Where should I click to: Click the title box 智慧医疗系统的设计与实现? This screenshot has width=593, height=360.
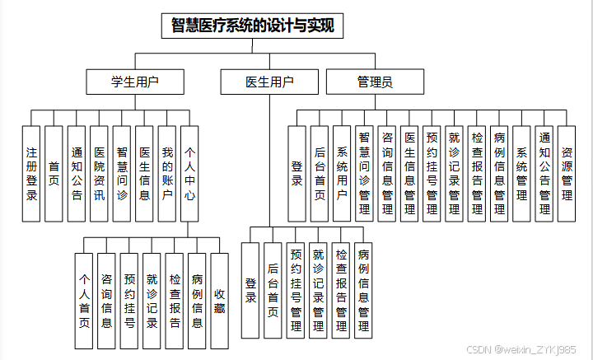pos(252,26)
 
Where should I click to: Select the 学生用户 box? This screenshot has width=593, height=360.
pos(135,82)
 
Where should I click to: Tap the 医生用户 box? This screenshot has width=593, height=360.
pos(269,82)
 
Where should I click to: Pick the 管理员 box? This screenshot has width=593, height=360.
pos(375,82)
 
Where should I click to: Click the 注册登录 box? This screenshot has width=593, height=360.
pos(31,173)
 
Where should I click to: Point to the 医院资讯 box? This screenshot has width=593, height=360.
pos(99,173)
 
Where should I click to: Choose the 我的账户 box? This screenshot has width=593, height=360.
pos(166,173)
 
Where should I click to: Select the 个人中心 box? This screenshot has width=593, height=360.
pos(189,173)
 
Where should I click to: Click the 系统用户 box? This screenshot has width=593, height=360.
pos(342,173)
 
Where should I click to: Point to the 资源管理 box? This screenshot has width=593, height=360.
pos(566,173)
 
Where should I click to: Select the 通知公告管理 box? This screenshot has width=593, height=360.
pos(544,173)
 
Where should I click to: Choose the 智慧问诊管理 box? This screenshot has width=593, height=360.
pos(364,173)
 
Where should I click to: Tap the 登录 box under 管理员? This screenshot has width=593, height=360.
pos(297,173)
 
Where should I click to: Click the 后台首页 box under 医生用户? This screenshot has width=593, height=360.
pos(273,291)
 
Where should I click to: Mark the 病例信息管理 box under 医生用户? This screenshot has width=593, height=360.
pos(363,291)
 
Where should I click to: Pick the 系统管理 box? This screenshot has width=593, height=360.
pos(521,173)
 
